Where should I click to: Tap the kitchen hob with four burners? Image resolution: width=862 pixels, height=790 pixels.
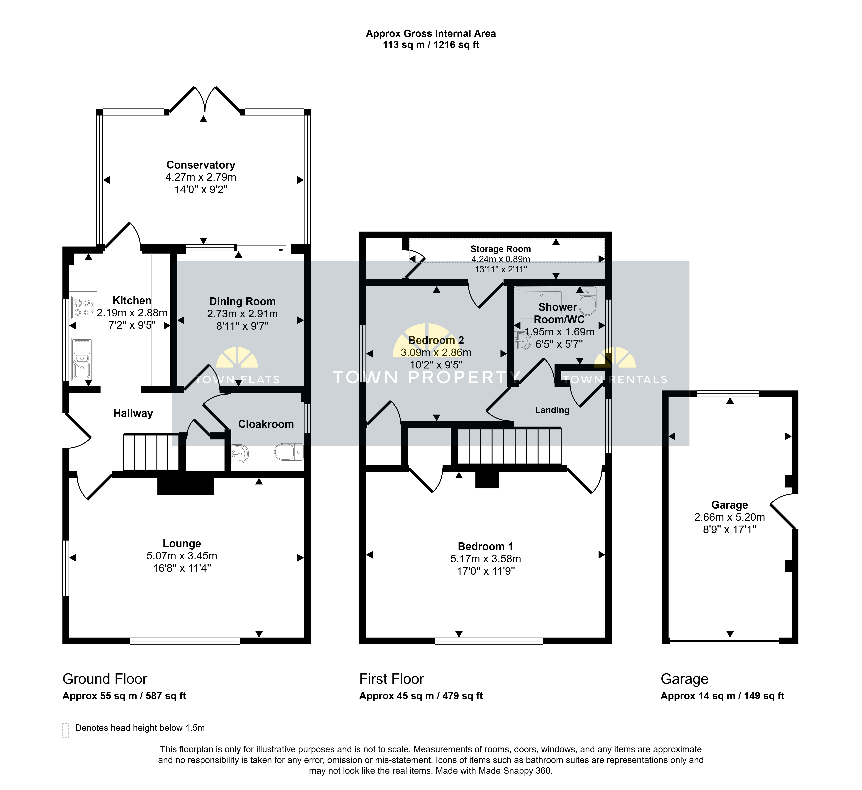(83, 307)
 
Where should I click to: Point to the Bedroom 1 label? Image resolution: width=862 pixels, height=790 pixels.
(485, 547)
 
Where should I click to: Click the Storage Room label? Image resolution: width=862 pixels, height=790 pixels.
(501, 249)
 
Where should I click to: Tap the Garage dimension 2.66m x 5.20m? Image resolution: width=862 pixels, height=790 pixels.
(730, 517)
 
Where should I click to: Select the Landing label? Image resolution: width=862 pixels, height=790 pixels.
(552, 410)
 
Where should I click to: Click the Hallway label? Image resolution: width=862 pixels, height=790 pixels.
(133, 413)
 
